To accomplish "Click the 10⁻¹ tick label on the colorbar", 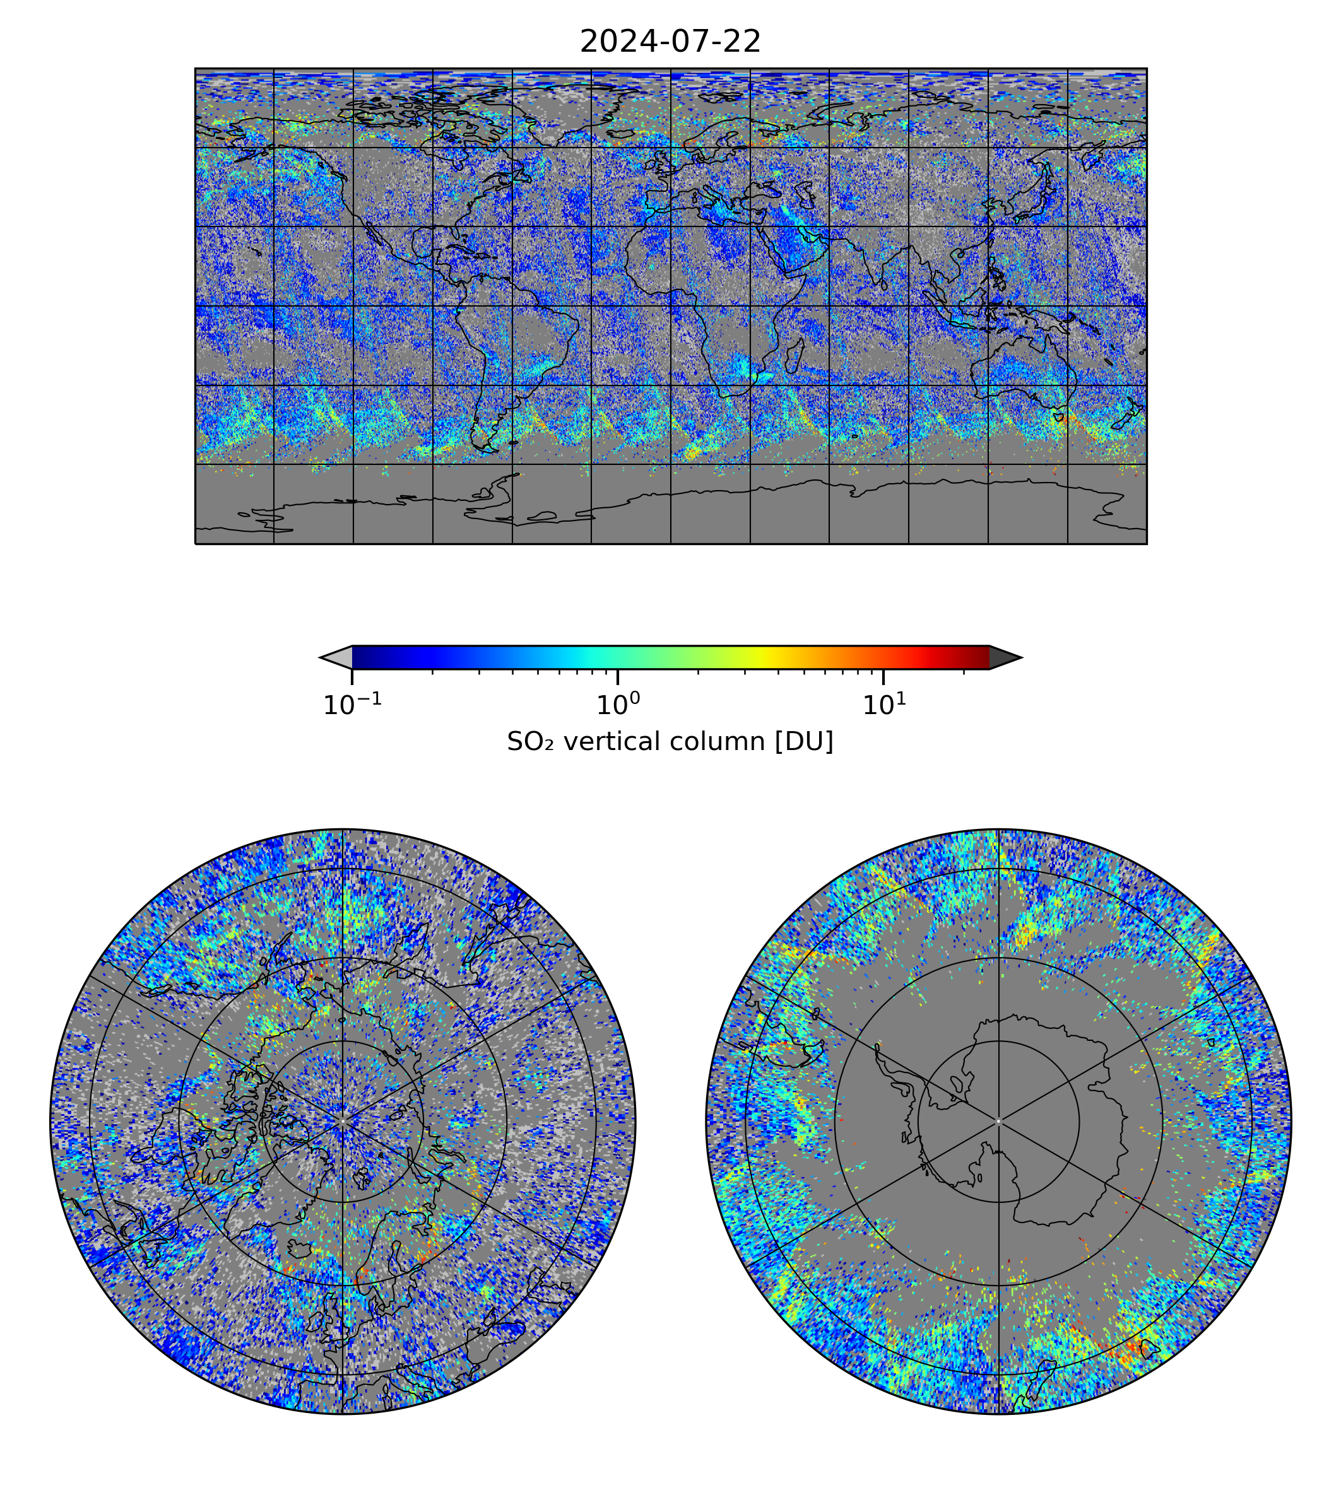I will coord(352,705).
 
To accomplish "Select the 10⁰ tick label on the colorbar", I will coord(617,705).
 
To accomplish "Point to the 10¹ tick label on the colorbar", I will coord(883,705).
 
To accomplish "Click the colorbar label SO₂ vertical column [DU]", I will coord(670,742).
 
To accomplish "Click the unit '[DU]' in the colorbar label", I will coord(804,742).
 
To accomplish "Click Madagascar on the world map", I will coord(795,355).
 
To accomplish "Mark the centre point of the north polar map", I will coord(343,1122).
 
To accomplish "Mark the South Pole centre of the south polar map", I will coord(998,1122).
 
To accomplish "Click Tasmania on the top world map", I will coord(1059,417).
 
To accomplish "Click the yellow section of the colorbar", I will coord(766,657).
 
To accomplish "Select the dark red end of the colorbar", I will coord(980,657).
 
